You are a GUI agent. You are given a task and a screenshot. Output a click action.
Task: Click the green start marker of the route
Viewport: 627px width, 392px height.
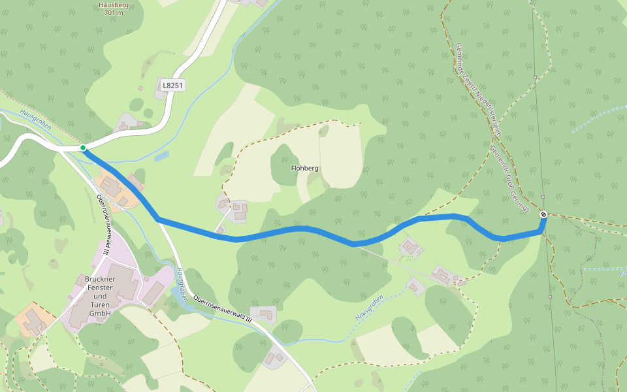point(83,148)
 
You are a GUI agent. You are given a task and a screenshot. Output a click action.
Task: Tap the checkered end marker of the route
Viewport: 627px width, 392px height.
point(543,214)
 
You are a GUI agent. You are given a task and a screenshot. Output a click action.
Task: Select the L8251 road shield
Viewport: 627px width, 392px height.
point(174,85)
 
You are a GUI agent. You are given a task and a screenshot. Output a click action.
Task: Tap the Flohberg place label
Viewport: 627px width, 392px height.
point(304,168)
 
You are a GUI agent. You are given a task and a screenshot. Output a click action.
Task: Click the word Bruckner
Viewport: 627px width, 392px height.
point(100,280)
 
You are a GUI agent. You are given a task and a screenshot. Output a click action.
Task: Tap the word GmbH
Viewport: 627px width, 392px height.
point(100,313)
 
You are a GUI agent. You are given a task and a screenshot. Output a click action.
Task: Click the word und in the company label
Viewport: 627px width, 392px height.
point(100,297)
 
